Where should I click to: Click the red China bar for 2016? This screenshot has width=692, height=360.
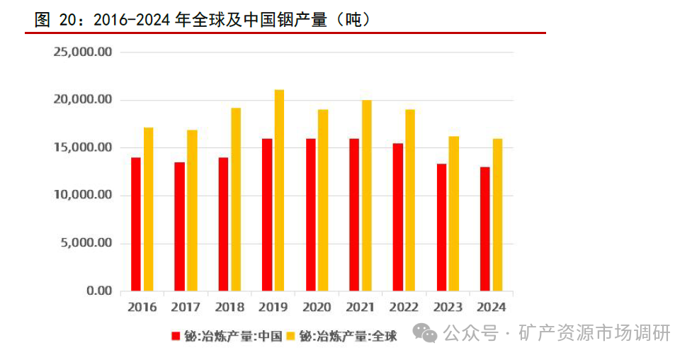pyautogui.click(x=135, y=224)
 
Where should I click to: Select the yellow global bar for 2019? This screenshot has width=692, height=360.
pyautogui.click(x=279, y=190)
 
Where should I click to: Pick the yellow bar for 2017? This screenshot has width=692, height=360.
pyautogui.click(x=192, y=210)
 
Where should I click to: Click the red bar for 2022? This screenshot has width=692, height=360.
pyautogui.click(x=398, y=217)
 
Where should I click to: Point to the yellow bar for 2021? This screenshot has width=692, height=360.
pyautogui.click(x=366, y=196)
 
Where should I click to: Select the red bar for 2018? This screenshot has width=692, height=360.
pyautogui.click(x=223, y=224)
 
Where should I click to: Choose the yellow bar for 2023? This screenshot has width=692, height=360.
pyautogui.click(x=454, y=213)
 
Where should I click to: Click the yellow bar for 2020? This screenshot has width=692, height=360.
pyautogui.click(x=323, y=200)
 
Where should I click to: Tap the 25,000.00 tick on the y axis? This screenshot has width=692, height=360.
pyautogui.click(x=83, y=52)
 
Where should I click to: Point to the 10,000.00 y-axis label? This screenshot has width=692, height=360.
pyautogui.click(x=83, y=195)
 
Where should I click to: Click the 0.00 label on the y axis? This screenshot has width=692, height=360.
pyautogui.click(x=98, y=291)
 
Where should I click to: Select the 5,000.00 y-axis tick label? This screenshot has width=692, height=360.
pyautogui.click(x=86, y=243)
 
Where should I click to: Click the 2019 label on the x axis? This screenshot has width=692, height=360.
pyautogui.click(x=273, y=307)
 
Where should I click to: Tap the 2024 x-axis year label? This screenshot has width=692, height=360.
pyautogui.click(x=491, y=307)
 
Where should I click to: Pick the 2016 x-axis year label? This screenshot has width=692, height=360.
pyautogui.click(x=142, y=307)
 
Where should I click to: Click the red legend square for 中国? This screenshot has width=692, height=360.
pyautogui.click(x=175, y=337)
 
